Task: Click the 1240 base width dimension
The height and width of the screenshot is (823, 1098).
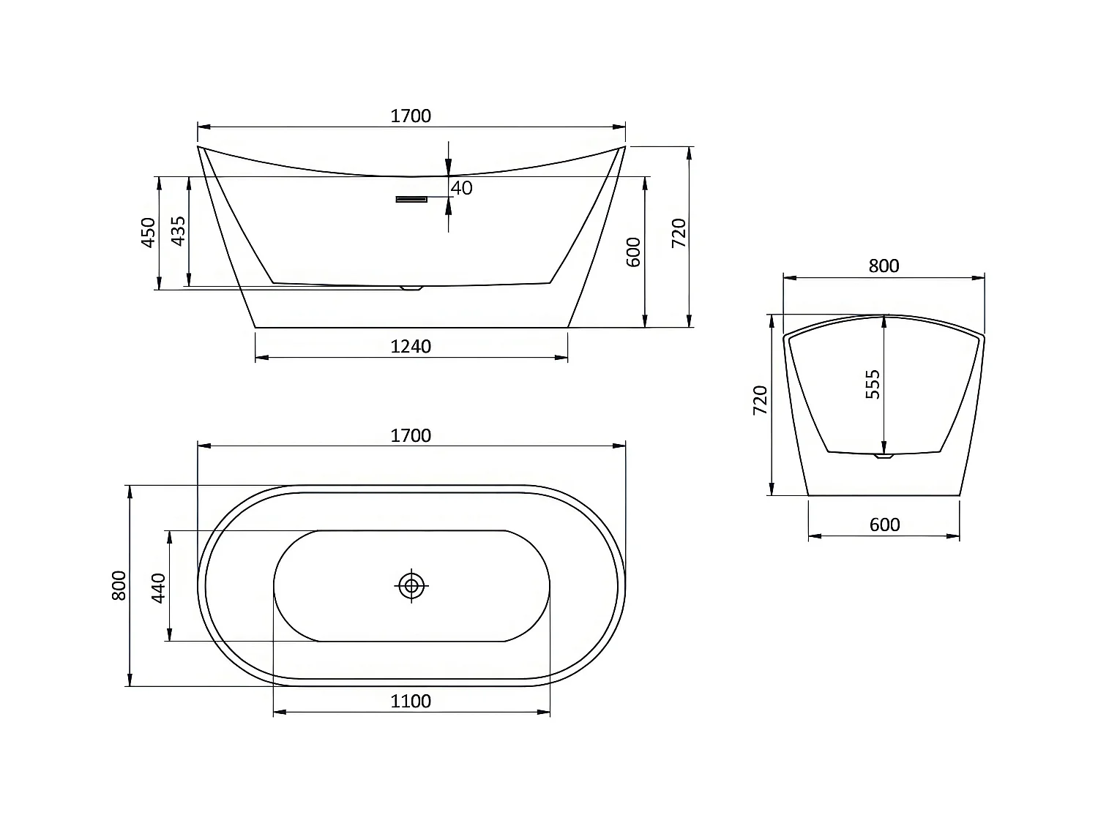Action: click(x=411, y=346)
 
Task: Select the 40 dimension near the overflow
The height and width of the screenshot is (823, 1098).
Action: click(x=462, y=188)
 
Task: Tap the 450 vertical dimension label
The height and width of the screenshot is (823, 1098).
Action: click(x=149, y=233)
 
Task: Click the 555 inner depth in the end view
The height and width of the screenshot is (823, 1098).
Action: click(x=873, y=384)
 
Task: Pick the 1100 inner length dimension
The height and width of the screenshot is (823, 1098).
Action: click(x=411, y=701)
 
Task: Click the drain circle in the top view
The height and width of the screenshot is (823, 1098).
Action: click(x=411, y=585)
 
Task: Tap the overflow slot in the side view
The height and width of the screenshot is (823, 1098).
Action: click(x=411, y=199)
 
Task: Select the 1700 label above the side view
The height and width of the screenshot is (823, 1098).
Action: click(x=411, y=116)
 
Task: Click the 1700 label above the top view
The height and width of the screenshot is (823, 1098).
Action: click(x=411, y=435)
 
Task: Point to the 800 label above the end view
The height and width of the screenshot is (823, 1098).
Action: click(x=884, y=266)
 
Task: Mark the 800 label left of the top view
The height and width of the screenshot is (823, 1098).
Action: click(x=119, y=585)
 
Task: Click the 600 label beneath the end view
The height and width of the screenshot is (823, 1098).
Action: click(x=884, y=525)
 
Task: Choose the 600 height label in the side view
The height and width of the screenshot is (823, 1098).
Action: click(x=634, y=252)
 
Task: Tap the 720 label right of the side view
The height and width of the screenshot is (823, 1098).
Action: click(x=679, y=233)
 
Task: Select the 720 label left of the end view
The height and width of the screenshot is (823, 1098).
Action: click(x=760, y=400)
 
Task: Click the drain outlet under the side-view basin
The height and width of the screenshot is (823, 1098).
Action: click(x=412, y=288)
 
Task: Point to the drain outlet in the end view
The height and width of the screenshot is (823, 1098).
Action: click(x=884, y=458)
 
